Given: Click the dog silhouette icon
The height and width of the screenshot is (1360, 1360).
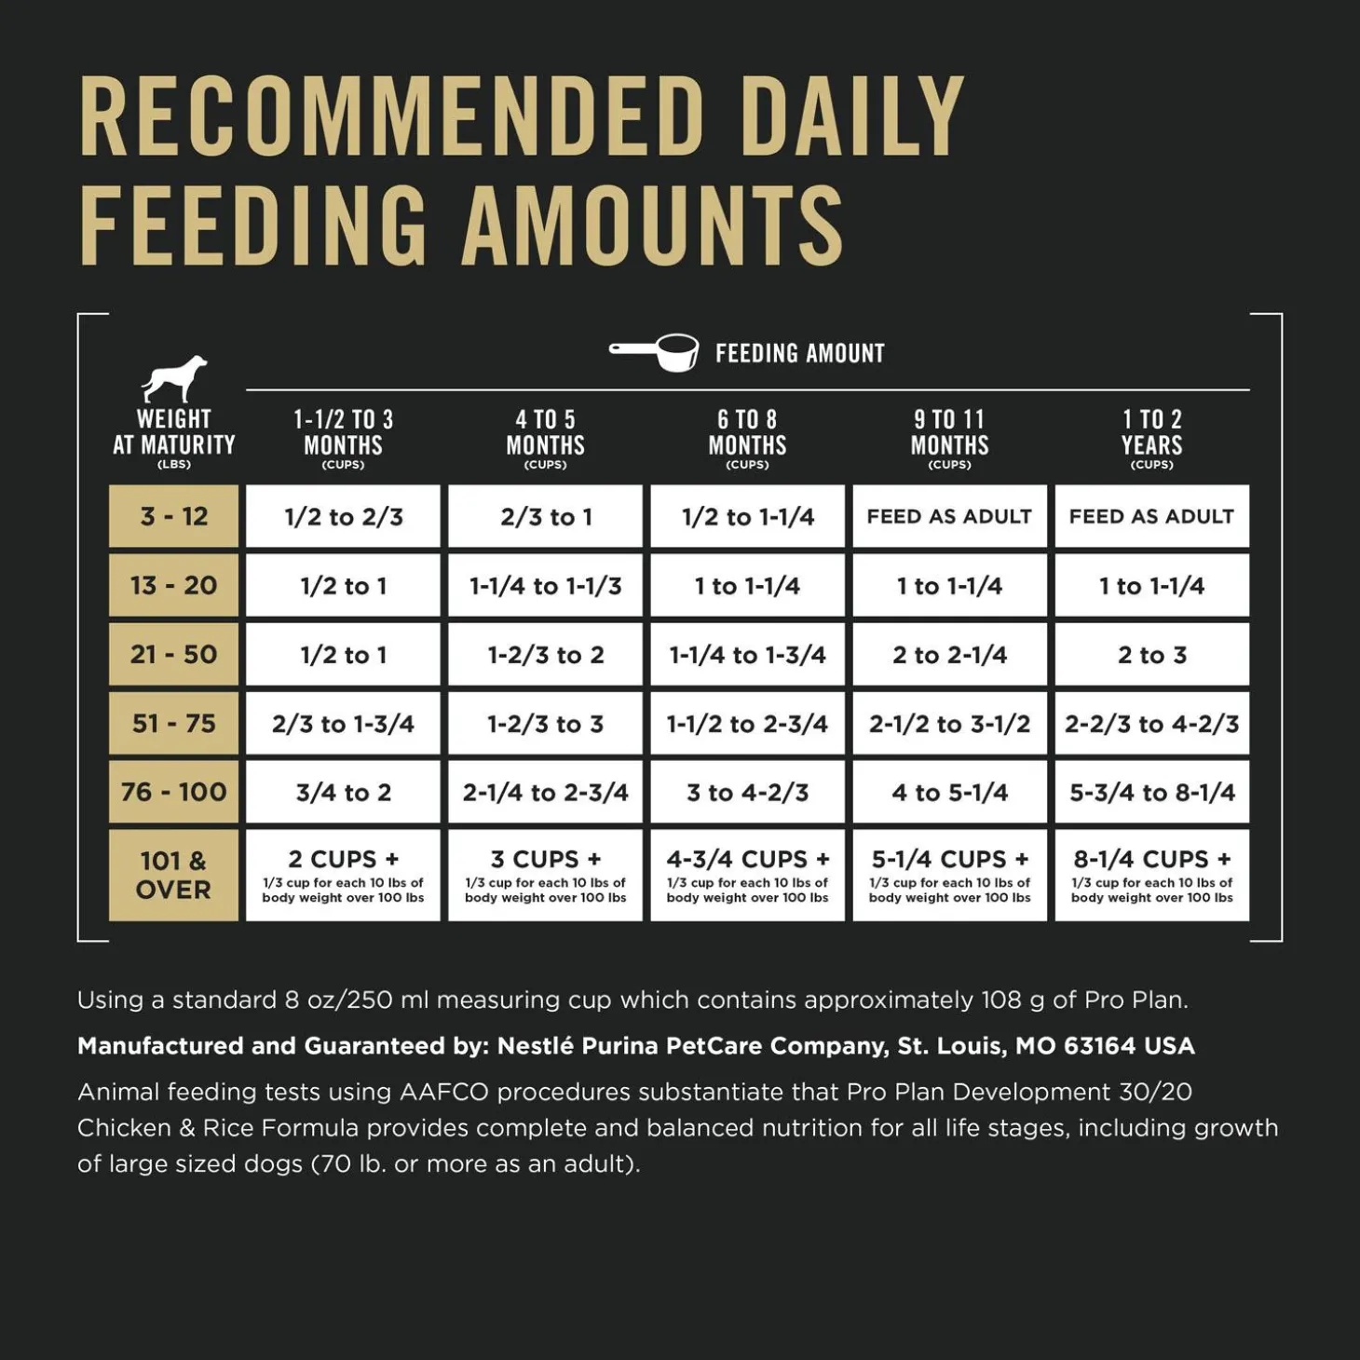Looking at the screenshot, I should [174, 378].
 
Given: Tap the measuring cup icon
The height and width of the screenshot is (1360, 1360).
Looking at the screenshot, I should [655, 352].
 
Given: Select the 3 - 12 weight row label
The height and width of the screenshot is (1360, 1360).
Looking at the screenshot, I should [173, 516].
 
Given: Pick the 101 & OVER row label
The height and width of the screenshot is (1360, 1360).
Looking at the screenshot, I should [173, 875].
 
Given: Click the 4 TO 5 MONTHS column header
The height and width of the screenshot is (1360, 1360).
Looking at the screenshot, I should [545, 434].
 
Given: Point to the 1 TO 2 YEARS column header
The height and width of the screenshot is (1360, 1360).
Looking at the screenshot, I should [1151, 434].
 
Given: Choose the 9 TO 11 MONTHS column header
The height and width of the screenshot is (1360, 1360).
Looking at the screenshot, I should [949, 434].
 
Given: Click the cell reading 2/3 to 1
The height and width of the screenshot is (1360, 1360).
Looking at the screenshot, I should [545, 516].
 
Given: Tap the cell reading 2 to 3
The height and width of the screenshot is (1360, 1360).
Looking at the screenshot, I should [1151, 655].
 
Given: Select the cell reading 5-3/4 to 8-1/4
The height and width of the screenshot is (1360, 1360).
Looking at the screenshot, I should [1151, 793].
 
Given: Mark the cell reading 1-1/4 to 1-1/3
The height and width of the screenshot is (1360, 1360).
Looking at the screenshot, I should [545, 586].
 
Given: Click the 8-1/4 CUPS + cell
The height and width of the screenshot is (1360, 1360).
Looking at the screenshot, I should [1151, 875].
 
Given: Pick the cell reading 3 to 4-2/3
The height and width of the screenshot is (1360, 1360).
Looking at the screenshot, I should [747, 793].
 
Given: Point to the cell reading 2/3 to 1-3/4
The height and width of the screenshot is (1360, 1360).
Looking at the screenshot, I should [343, 724].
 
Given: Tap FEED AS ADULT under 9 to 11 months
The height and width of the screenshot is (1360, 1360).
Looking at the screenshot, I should [949, 516].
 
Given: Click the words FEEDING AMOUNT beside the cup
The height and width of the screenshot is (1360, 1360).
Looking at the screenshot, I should [799, 354].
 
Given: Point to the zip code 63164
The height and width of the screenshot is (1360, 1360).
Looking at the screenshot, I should [1100, 1046].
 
